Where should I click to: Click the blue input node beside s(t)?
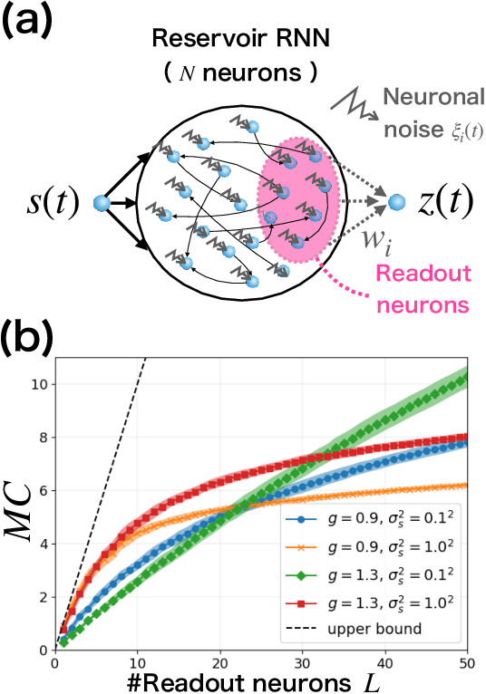[x=101, y=202]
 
